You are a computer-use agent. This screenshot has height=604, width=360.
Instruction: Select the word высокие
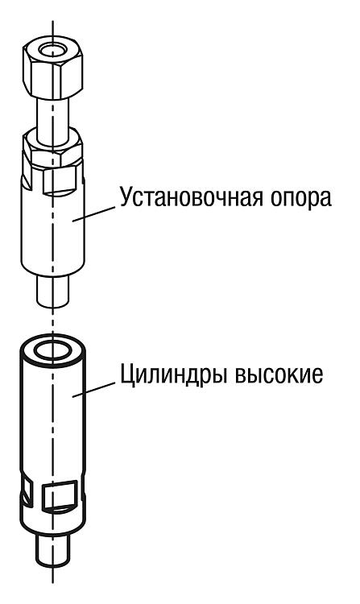[279, 374]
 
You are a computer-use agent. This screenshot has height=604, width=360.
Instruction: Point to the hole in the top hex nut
[52, 50]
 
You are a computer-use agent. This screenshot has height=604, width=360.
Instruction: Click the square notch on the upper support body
[58, 180]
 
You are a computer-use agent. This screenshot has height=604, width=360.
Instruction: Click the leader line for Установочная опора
[93, 213]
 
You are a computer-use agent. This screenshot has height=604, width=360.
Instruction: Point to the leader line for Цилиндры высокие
[93, 389]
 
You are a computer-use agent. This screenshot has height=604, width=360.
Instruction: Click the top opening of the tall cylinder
[52, 350]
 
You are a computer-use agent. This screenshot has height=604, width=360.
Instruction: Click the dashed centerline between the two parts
[53, 321]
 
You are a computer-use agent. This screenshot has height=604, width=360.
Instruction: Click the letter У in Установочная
[127, 198]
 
